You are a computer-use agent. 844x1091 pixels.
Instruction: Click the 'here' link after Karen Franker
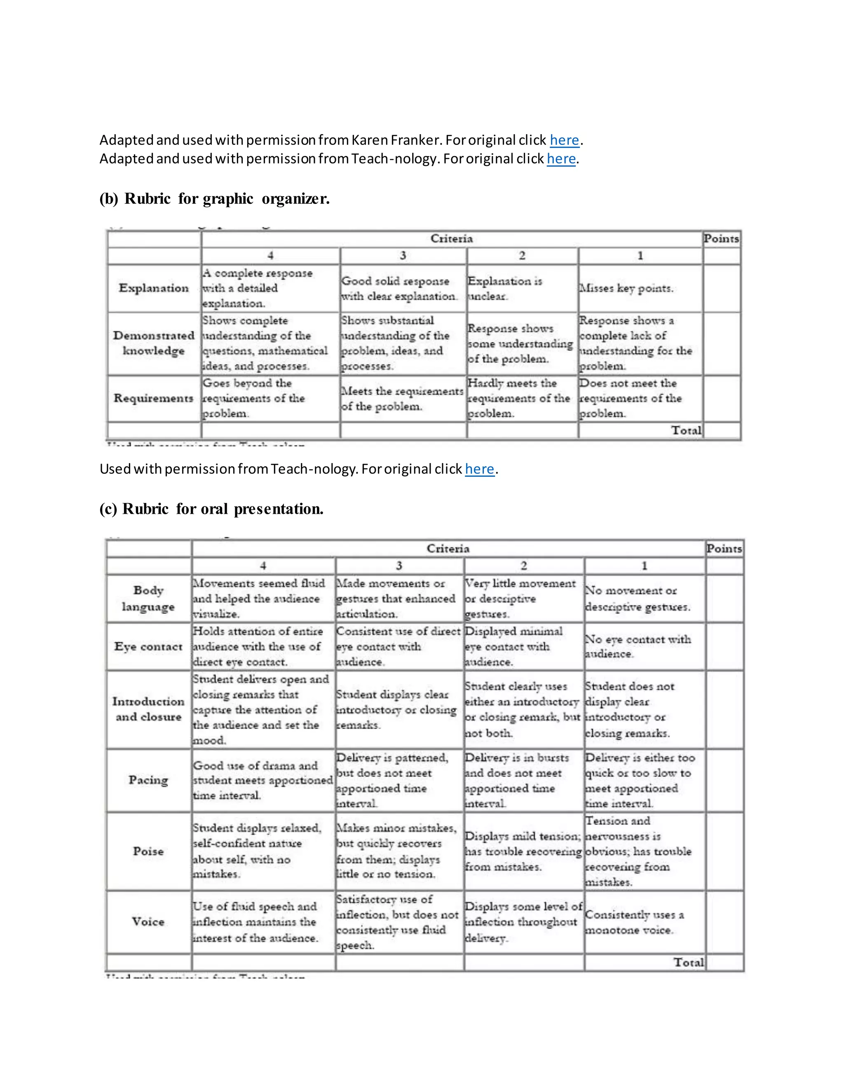coord(564,140)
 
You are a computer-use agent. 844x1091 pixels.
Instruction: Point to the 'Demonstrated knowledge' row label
coord(153,343)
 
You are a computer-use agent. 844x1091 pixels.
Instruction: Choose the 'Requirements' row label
coord(153,398)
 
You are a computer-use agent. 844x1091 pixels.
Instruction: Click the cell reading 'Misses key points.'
coord(626,288)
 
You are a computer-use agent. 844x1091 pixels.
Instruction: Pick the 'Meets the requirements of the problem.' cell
coord(402,399)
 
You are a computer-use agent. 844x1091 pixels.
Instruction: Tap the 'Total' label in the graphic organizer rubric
coord(686,430)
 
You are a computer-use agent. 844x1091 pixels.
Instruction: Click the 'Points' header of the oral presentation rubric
coord(724,548)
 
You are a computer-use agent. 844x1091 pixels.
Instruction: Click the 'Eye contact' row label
coord(148,646)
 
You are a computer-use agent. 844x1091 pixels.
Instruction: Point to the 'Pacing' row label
coord(148,780)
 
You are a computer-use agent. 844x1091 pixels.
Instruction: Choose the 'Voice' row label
coord(148,922)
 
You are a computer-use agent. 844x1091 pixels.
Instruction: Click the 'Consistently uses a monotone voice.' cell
coord(634,922)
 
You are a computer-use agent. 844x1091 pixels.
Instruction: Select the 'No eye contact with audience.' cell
coord(638,646)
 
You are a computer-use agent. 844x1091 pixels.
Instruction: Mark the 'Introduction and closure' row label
coord(148,709)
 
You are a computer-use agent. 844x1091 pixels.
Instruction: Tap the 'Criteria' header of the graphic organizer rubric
coord(452,239)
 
